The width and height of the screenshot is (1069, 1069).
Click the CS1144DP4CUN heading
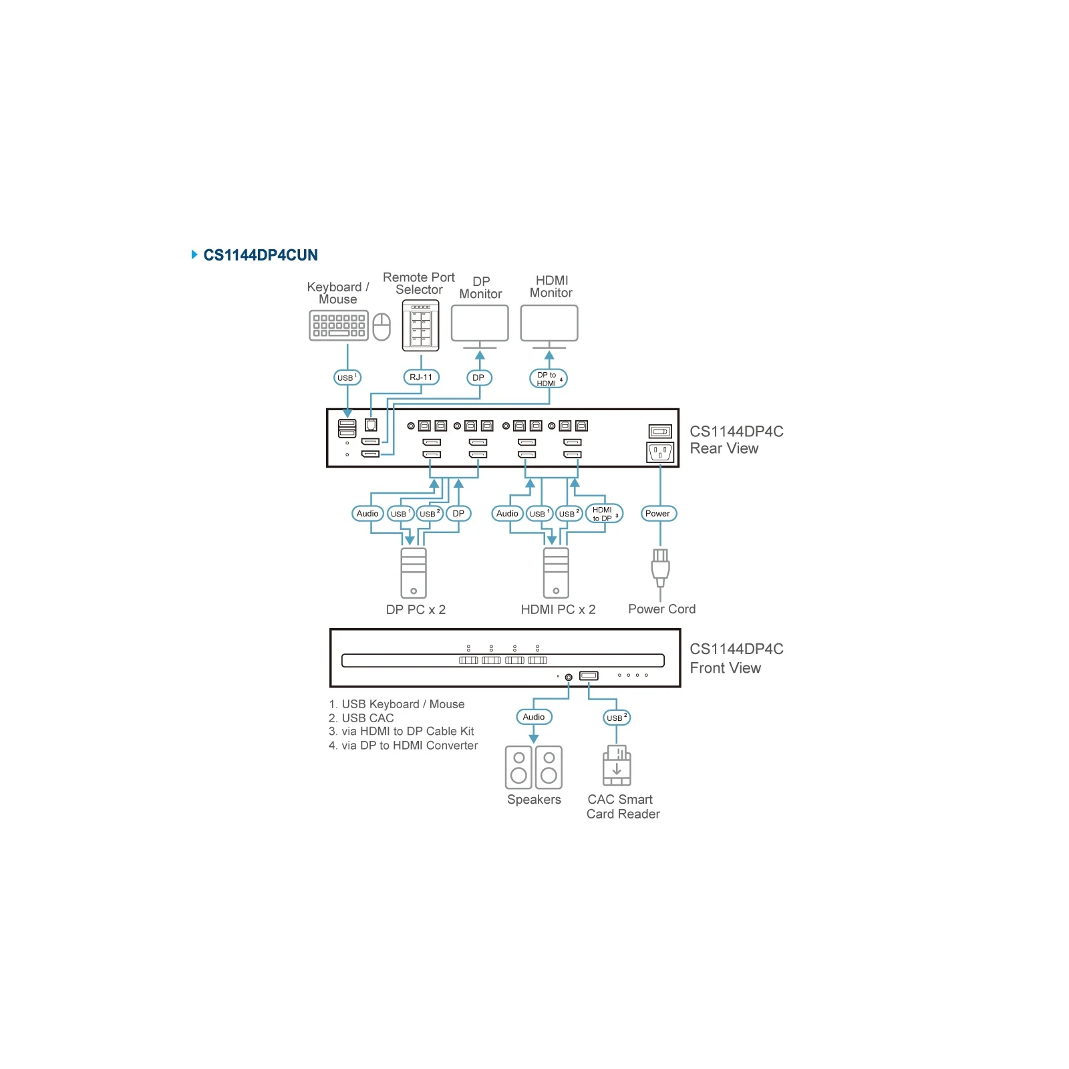tap(261, 255)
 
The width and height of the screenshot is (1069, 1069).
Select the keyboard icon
tap(339, 326)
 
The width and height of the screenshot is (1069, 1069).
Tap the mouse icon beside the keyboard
tap(381, 327)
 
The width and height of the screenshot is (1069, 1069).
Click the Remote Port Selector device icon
tap(421, 325)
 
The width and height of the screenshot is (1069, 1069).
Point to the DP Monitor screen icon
tap(480, 323)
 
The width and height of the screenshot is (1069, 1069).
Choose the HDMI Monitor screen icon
tap(549, 323)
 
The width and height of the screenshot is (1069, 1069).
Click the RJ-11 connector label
tap(421, 377)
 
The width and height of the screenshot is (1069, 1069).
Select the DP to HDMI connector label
tap(549, 379)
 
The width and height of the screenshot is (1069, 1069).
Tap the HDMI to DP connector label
tap(604, 514)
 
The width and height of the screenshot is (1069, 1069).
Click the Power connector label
tap(658, 514)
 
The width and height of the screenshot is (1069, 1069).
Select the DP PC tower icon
tap(414, 573)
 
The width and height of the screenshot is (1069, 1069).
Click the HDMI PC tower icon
tap(556, 573)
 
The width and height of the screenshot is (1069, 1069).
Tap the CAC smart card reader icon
tap(617, 766)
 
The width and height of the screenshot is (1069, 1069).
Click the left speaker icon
tap(518, 768)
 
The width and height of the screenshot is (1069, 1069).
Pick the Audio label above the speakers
tap(534, 717)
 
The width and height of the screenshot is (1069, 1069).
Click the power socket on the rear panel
tap(660, 453)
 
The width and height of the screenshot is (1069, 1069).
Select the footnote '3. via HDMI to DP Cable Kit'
tap(401, 732)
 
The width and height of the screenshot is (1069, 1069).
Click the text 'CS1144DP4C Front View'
tap(736, 658)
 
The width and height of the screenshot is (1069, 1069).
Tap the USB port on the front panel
tap(589, 676)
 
